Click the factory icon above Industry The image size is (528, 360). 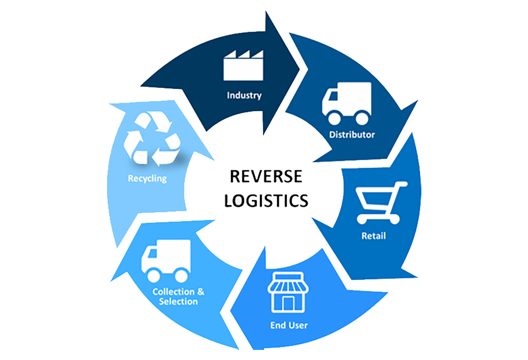243,66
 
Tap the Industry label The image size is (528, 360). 244,95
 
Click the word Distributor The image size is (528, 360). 352,134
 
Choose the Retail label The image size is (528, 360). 373,236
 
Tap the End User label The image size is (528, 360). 289,325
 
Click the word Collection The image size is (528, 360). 174,292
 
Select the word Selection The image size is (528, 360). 178,301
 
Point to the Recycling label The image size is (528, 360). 147,179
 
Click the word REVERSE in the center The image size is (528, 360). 266,177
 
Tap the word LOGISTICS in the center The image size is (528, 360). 266,200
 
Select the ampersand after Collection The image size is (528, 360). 201,292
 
